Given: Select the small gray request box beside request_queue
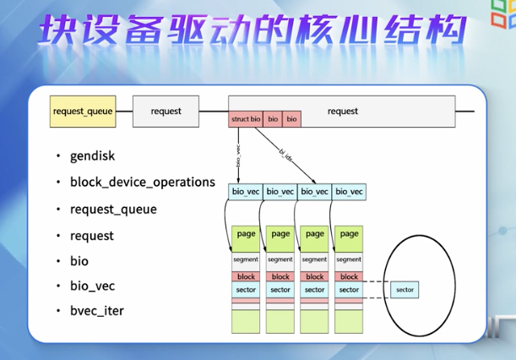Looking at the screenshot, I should click(166, 112).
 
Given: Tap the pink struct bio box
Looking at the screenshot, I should click(246, 120).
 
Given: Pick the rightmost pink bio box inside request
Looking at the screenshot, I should click(292, 120).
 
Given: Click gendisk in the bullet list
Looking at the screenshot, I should click(93, 156).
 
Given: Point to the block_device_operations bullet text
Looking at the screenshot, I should click(143, 182).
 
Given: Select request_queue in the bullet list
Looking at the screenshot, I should click(113, 209).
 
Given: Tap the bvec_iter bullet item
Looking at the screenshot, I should click(97, 311).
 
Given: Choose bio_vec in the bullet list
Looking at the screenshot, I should click(93, 286).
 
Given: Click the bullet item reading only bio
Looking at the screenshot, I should click(79, 261).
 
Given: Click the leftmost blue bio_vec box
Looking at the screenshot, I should click(246, 193).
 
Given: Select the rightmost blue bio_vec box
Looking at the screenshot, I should click(349, 193).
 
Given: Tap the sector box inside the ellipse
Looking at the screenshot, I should click(404, 290).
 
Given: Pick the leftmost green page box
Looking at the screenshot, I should click(246, 235).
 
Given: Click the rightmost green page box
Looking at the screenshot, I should click(349, 235).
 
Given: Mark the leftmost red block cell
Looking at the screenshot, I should click(246, 276).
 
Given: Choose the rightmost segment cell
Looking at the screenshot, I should click(349, 260).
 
